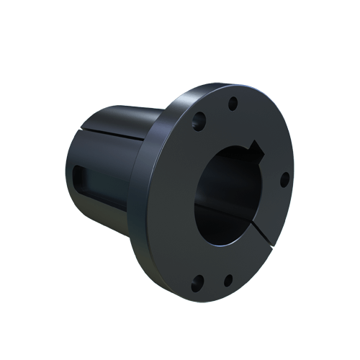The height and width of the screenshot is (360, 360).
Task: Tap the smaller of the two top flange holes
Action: (232, 104)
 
